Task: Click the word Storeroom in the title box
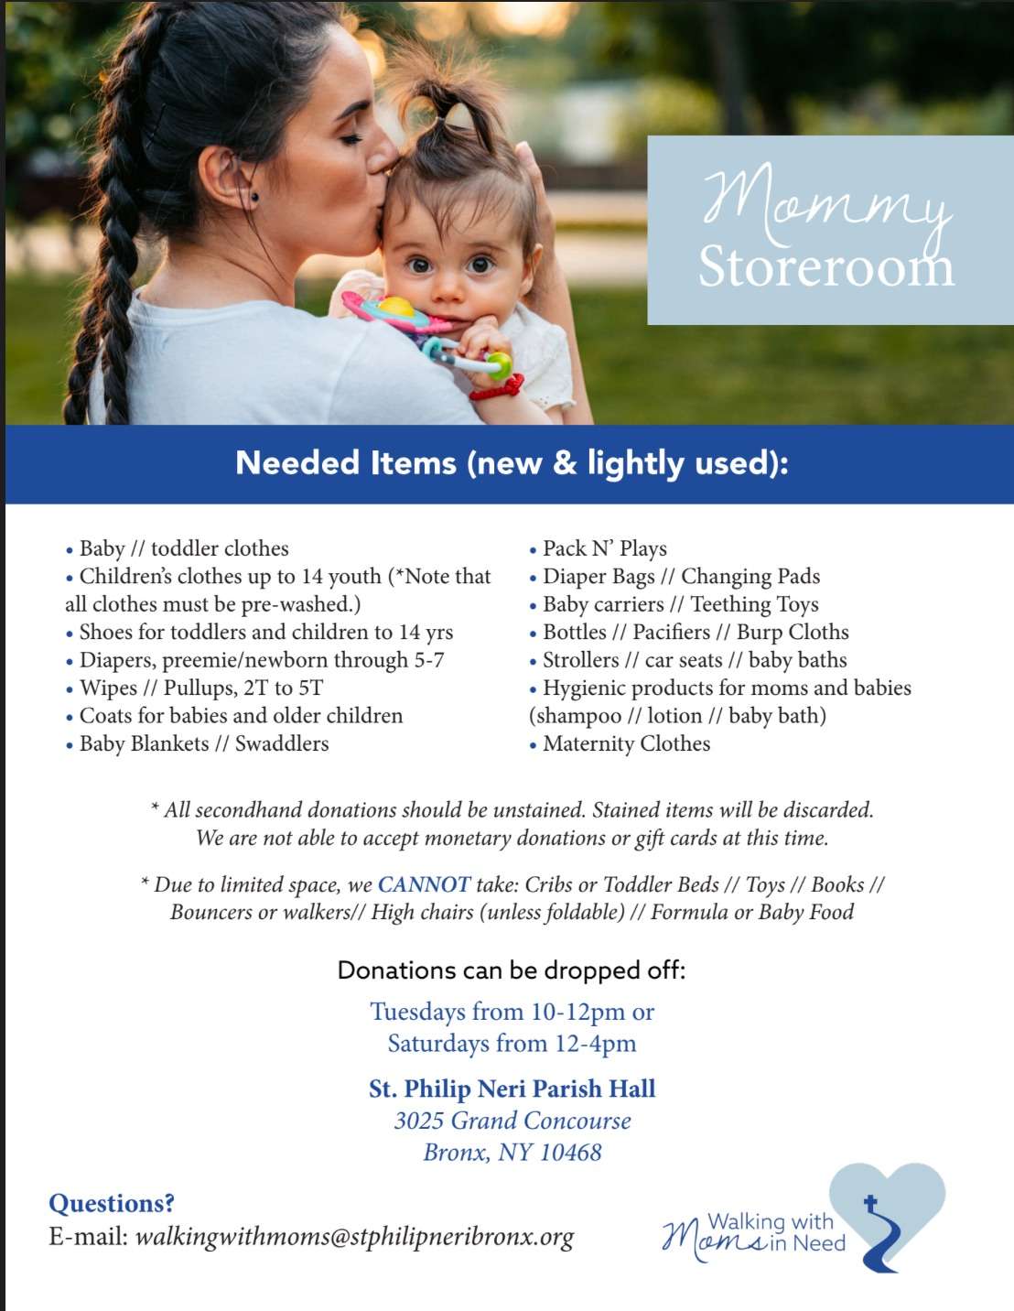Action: pos(825,267)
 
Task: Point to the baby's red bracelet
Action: pos(498,388)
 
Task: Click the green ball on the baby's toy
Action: pos(499,366)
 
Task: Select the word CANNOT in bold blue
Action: pos(424,884)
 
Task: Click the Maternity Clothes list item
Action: pos(626,743)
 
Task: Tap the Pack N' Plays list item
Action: pos(604,548)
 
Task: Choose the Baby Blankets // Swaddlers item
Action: pos(203,743)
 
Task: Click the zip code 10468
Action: pos(570,1152)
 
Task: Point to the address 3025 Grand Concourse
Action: pos(512,1121)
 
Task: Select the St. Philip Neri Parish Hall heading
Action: pos(512,1089)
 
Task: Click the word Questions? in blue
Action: pos(112,1203)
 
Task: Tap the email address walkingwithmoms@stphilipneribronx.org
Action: pos(354,1237)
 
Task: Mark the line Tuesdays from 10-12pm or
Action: pos(512,1012)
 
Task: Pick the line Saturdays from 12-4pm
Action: pos(512,1044)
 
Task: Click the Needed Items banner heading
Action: pos(512,463)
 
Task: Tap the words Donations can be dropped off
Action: pos(512,970)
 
